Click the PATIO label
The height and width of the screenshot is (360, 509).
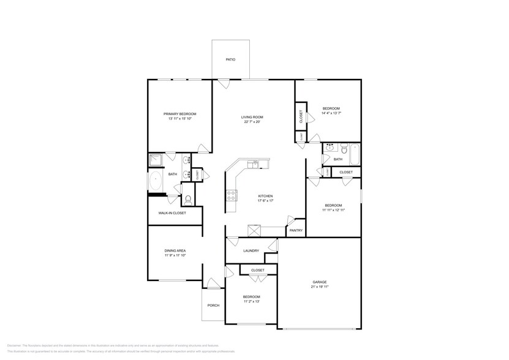click(x=230, y=59)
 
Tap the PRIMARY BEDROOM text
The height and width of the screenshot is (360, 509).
click(x=179, y=114)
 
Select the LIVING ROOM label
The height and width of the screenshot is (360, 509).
click(x=252, y=117)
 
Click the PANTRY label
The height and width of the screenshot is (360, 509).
click(x=296, y=230)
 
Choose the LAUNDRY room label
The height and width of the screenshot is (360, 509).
click(x=251, y=250)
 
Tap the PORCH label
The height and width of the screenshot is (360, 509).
click(x=213, y=305)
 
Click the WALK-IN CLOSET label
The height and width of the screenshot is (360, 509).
click(x=172, y=213)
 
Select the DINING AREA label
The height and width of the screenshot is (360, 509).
click(x=175, y=250)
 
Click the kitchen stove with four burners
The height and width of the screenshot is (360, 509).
click(x=233, y=195)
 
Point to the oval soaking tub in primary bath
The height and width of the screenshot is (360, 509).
click(x=156, y=182)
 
